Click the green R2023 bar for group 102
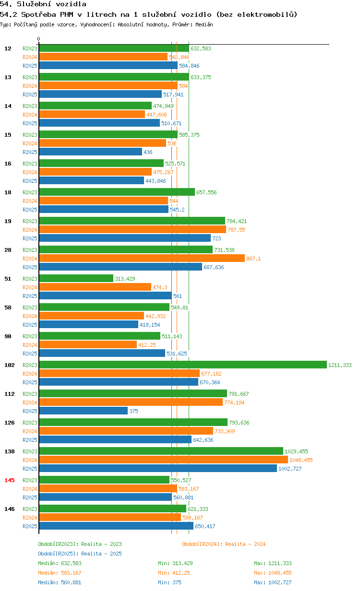coord(183,365)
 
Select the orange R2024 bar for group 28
coord(142,258)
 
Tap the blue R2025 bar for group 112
coord(84,411)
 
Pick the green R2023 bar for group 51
coord(76,278)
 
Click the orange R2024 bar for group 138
coord(164,460)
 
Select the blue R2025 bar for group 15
coord(91,152)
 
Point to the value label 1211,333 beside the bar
coord(340,365)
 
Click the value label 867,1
coord(253,259)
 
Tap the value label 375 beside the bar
coord(133,411)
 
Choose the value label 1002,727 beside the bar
coord(290,469)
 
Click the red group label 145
coord(10,480)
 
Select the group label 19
coord(8,221)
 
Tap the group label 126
coord(10,423)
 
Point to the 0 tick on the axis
coord(38,39)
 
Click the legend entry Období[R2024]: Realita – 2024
coord(224,544)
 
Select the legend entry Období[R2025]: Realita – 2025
coord(80,554)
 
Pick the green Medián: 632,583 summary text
coord(60,563)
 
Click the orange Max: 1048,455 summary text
coord(273,573)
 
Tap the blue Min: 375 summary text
coord(169,582)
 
